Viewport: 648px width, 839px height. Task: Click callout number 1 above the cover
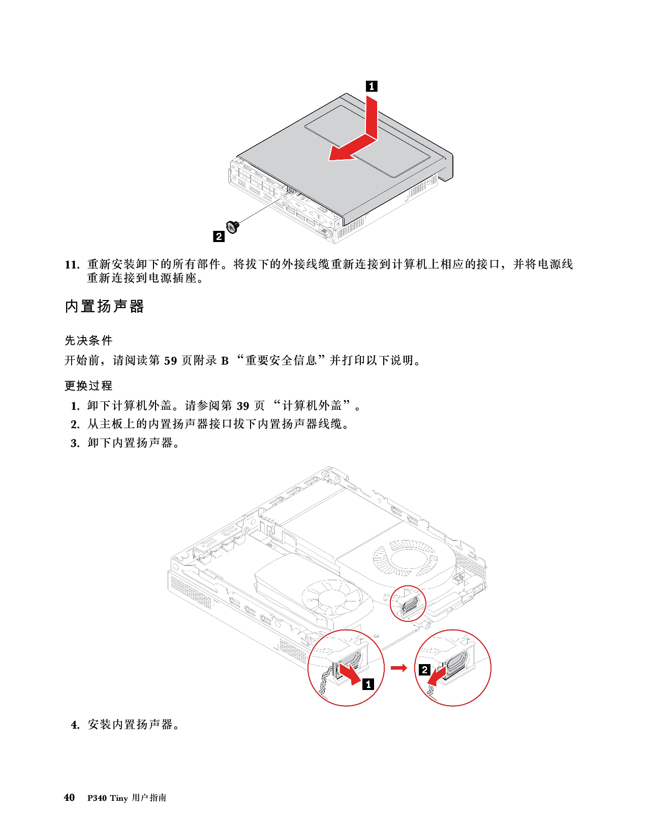(x=372, y=86)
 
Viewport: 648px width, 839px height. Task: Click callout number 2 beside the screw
(x=219, y=236)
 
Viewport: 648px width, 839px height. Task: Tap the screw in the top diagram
(x=233, y=226)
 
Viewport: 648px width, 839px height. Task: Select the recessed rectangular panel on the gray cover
(x=368, y=140)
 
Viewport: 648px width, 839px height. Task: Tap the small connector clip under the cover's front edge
(x=292, y=190)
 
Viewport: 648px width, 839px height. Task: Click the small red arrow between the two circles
(x=399, y=668)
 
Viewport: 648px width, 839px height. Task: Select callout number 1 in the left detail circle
(x=367, y=684)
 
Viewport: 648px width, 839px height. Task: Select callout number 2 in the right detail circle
(x=424, y=670)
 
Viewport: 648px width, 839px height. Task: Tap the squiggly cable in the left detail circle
(x=323, y=684)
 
